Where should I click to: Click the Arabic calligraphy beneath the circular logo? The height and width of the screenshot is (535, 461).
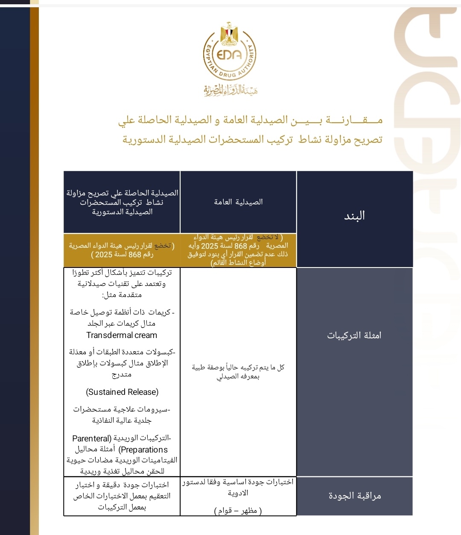click(230, 90)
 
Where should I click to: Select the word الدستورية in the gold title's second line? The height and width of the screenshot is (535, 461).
click(143, 139)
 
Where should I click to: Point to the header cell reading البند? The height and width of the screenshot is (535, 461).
click(354, 215)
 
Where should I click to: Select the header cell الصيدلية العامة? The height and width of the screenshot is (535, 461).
click(238, 202)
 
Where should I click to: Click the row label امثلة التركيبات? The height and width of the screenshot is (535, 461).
click(354, 335)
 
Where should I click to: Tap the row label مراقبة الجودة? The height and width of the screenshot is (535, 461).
click(354, 496)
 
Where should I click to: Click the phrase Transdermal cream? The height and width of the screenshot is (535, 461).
click(122, 335)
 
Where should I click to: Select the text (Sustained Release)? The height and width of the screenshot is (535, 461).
click(122, 392)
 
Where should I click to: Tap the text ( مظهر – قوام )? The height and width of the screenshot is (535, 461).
click(238, 510)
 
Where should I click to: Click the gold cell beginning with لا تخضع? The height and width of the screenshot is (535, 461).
click(238, 250)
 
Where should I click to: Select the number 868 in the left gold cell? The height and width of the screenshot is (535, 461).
click(135, 255)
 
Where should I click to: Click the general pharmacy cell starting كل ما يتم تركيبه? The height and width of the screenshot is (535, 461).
click(238, 372)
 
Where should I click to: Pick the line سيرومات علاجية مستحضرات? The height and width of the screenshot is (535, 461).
click(122, 409)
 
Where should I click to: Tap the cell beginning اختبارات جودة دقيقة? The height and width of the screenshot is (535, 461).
click(122, 496)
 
